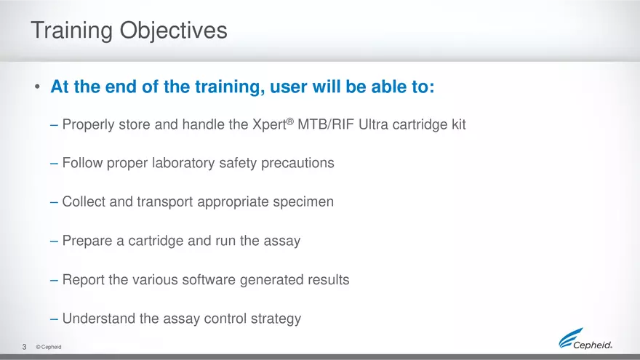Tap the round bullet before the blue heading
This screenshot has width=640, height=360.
pos(36,89)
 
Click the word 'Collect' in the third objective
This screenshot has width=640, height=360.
pos(84,201)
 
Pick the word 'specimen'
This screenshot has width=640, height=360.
pos(304,201)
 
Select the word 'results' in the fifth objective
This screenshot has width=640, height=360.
pos(328,279)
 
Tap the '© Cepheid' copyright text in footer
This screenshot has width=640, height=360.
pos(48,348)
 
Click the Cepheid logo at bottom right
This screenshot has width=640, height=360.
pos(585,340)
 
